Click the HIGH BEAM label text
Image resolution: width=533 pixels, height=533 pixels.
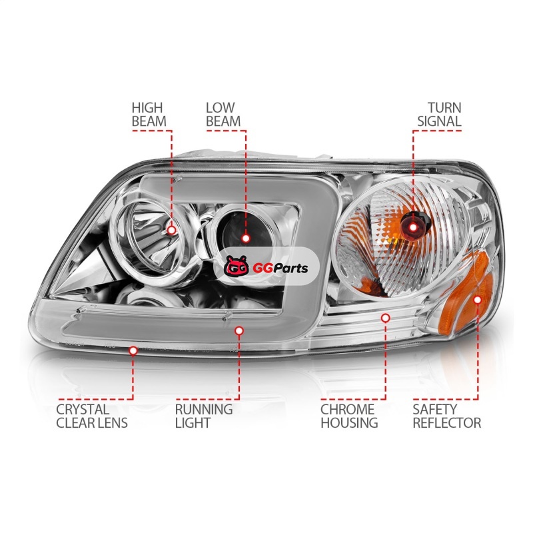coord(149,115)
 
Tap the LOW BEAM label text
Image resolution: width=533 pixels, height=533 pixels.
coord(223,115)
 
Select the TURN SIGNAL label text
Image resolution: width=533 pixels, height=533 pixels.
coord(439,115)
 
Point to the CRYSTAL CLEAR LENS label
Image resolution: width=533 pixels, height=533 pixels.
coord(92,416)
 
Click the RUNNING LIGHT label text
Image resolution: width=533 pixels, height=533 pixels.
coord(204,416)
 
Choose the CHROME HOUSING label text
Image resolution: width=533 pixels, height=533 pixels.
coord(349,416)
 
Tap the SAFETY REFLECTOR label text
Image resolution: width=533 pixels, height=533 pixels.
coord(446,416)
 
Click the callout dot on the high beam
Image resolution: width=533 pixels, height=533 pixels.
coord(172,230)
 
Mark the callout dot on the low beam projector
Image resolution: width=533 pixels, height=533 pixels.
coord(246,239)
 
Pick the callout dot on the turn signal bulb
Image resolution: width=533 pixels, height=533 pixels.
coord(413,227)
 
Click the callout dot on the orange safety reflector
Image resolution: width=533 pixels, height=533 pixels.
coord(478,299)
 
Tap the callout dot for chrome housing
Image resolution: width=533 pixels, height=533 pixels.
coord(385,318)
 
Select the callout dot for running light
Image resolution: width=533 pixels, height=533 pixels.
coord(239,330)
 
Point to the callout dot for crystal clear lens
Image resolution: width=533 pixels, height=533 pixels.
coord(133,350)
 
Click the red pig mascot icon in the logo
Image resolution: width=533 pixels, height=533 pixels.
coord(237,266)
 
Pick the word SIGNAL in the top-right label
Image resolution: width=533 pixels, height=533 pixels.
coord(439,121)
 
